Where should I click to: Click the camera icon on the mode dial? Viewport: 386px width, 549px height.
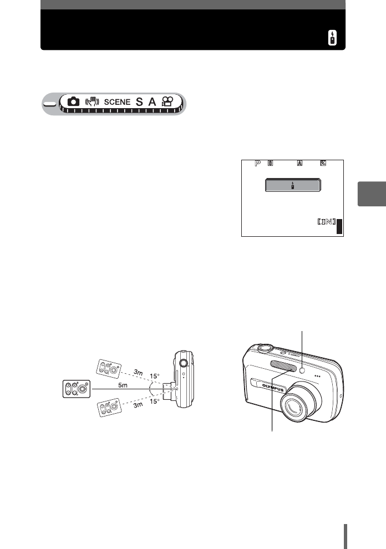click(x=73, y=102)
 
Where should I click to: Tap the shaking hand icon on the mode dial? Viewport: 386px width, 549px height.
click(x=92, y=102)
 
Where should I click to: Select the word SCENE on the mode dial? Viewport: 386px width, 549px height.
click(x=117, y=102)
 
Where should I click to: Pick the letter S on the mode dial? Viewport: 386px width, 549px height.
click(x=139, y=102)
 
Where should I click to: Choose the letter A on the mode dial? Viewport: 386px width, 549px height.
click(x=151, y=102)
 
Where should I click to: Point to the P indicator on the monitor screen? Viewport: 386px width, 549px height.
click(x=257, y=164)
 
